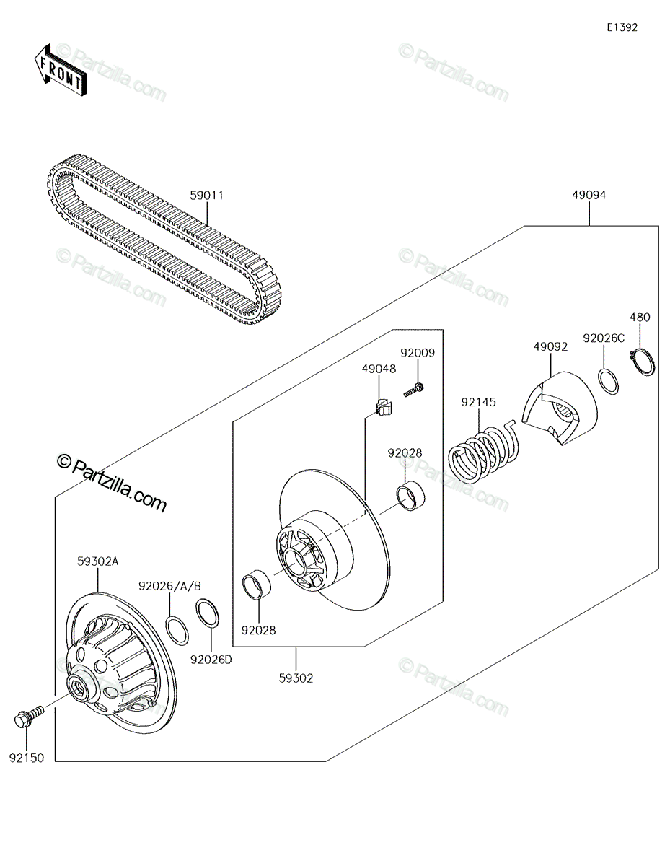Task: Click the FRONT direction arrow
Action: click(60, 70)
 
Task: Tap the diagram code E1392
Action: click(622, 27)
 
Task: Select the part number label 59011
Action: click(206, 196)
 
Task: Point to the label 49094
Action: click(589, 195)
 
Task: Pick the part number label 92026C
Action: click(604, 338)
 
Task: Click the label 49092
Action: click(550, 346)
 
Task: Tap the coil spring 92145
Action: click(484, 452)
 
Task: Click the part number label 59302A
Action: click(97, 561)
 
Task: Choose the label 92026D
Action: click(211, 660)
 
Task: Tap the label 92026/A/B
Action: click(169, 586)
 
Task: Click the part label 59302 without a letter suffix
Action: click(296, 678)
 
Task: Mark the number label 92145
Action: click(478, 402)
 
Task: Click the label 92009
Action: click(418, 353)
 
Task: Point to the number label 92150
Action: click(27, 758)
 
